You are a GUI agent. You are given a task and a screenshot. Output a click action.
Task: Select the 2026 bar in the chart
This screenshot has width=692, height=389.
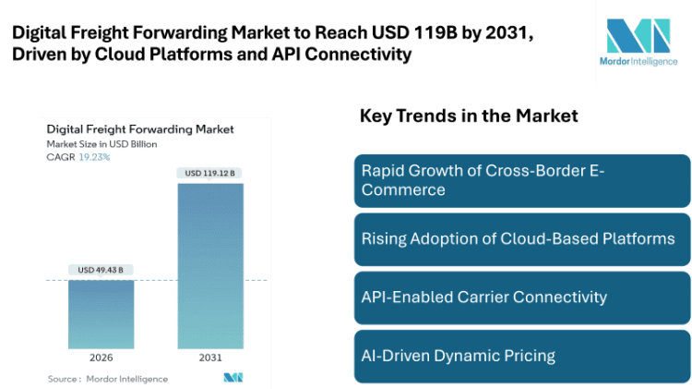coord(101,313)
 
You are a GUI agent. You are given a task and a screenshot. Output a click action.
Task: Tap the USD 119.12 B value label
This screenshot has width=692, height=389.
coord(210,173)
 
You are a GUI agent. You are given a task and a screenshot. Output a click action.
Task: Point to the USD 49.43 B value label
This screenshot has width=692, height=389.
coord(101,270)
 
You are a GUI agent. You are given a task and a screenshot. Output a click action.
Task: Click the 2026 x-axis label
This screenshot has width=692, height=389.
coord(101,358)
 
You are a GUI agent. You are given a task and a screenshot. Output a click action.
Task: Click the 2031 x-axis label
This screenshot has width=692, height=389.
coord(210,358)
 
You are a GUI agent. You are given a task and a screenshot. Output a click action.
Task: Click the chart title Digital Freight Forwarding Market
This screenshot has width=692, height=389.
coord(139,129)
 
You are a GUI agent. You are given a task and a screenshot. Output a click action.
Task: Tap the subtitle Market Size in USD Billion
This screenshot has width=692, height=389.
coord(101,144)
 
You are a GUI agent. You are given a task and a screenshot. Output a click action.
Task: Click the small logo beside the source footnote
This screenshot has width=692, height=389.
coord(233,378)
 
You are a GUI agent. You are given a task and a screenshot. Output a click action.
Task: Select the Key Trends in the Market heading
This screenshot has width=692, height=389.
coord(468,116)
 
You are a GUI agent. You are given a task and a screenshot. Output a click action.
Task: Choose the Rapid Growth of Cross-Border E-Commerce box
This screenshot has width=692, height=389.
coord(521,180)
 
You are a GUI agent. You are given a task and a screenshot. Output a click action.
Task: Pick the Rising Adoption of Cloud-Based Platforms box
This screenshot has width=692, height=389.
coord(521,238)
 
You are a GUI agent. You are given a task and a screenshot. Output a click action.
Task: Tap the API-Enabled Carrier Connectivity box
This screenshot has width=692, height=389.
coord(521,297)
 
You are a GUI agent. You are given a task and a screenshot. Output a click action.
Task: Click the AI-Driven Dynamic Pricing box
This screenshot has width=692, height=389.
coord(521,355)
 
